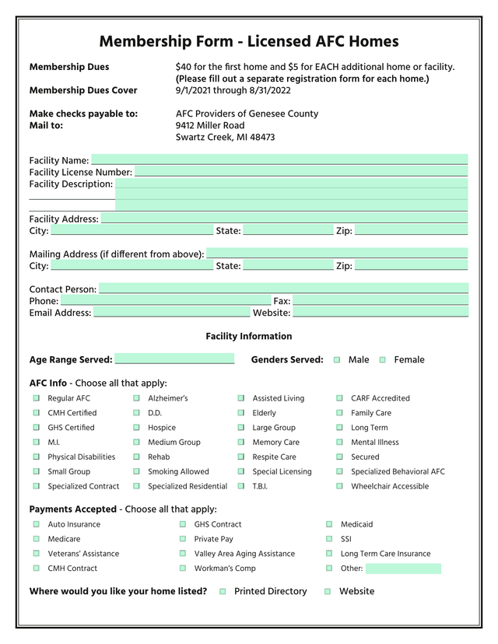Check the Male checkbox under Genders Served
pyautogui.click(x=337, y=360)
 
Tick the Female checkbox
pyautogui.click(x=382, y=360)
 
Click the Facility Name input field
pyautogui.click(x=279, y=160)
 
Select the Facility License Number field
pyautogui.click(x=301, y=172)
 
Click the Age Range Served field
pyautogui.click(x=174, y=359)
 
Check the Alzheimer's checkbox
pyautogui.click(x=136, y=398)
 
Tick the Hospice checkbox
pyautogui.click(x=136, y=428)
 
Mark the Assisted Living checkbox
pyautogui.click(x=241, y=398)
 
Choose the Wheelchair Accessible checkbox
pyautogui.click(x=339, y=486)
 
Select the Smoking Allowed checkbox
pyautogui.click(x=136, y=471)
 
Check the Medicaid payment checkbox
pyautogui.click(x=329, y=524)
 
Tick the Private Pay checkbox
pyautogui.click(x=183, y=539)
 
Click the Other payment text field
pyautogui.click(x=403, y=569)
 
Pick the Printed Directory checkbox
pyautogui.click(x=223, y=592)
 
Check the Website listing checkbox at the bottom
pyautogui.click(x=328, y=592)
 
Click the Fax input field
pyautogui.click(x=381, y=301)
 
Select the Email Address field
pyautogui.click(x=171, y=313)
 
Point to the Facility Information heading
pyautogui.click(x=249, y=336)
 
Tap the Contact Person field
pyautogui.click(x=283, y=289)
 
